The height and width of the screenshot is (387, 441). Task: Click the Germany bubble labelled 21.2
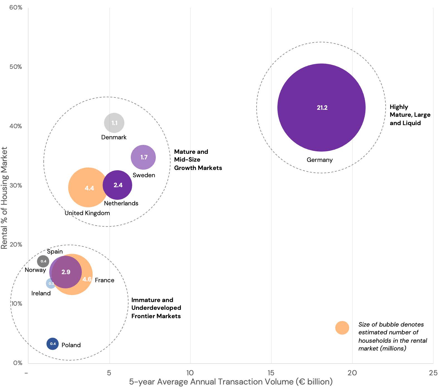pos(321,108)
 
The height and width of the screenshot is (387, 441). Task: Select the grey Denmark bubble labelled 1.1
pos(114,123)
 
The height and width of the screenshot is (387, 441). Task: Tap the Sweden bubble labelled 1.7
pos(143,157)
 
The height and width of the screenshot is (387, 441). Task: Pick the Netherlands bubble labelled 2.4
pos(117,185)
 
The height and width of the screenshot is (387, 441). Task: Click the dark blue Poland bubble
pos(53,344)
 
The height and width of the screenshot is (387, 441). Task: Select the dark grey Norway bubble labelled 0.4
pos(43,261)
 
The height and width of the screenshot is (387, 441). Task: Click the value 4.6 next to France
pos(87,279)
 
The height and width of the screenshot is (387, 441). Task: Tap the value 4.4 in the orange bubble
pos(89,188)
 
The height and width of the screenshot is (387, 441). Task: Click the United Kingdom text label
pos(87,213)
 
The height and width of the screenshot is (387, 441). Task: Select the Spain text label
pos(55,252)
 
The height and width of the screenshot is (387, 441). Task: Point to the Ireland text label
pos(41,293)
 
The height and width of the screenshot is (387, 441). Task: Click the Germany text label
pos(319,160)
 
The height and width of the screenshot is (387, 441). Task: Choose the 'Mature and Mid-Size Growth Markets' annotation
pos(198,160)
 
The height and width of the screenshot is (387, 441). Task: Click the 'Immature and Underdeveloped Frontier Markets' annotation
pos(156,308)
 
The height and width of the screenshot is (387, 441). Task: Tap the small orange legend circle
pos(342,328)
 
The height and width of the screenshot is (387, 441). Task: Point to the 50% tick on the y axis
pos(16,67)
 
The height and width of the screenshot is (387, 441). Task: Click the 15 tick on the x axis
pos(271,373)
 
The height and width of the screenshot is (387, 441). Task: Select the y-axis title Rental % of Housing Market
pos(4,198)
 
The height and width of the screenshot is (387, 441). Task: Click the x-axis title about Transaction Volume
pos(231,382)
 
